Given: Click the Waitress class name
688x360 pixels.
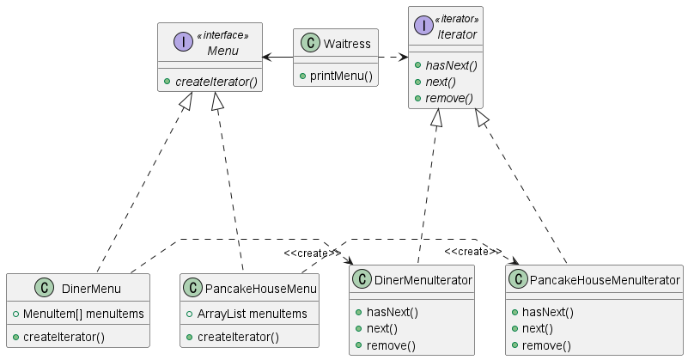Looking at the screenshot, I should coord(346,44).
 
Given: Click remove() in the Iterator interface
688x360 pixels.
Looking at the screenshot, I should coord(450,98).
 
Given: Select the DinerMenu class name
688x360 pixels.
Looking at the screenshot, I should coord(91,288).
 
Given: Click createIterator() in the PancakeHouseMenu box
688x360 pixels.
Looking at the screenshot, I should coord(238,337).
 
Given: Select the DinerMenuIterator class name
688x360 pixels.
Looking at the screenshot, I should coord(424,280).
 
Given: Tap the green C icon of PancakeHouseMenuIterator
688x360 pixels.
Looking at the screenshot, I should coord(518,280).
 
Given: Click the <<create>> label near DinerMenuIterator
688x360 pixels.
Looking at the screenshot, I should coord(312,253).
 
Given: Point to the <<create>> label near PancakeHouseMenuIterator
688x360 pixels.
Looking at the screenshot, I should coord(473,251).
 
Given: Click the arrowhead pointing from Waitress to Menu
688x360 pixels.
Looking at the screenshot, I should coord(268,58).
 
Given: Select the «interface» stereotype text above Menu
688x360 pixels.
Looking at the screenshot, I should coord(222,35).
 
